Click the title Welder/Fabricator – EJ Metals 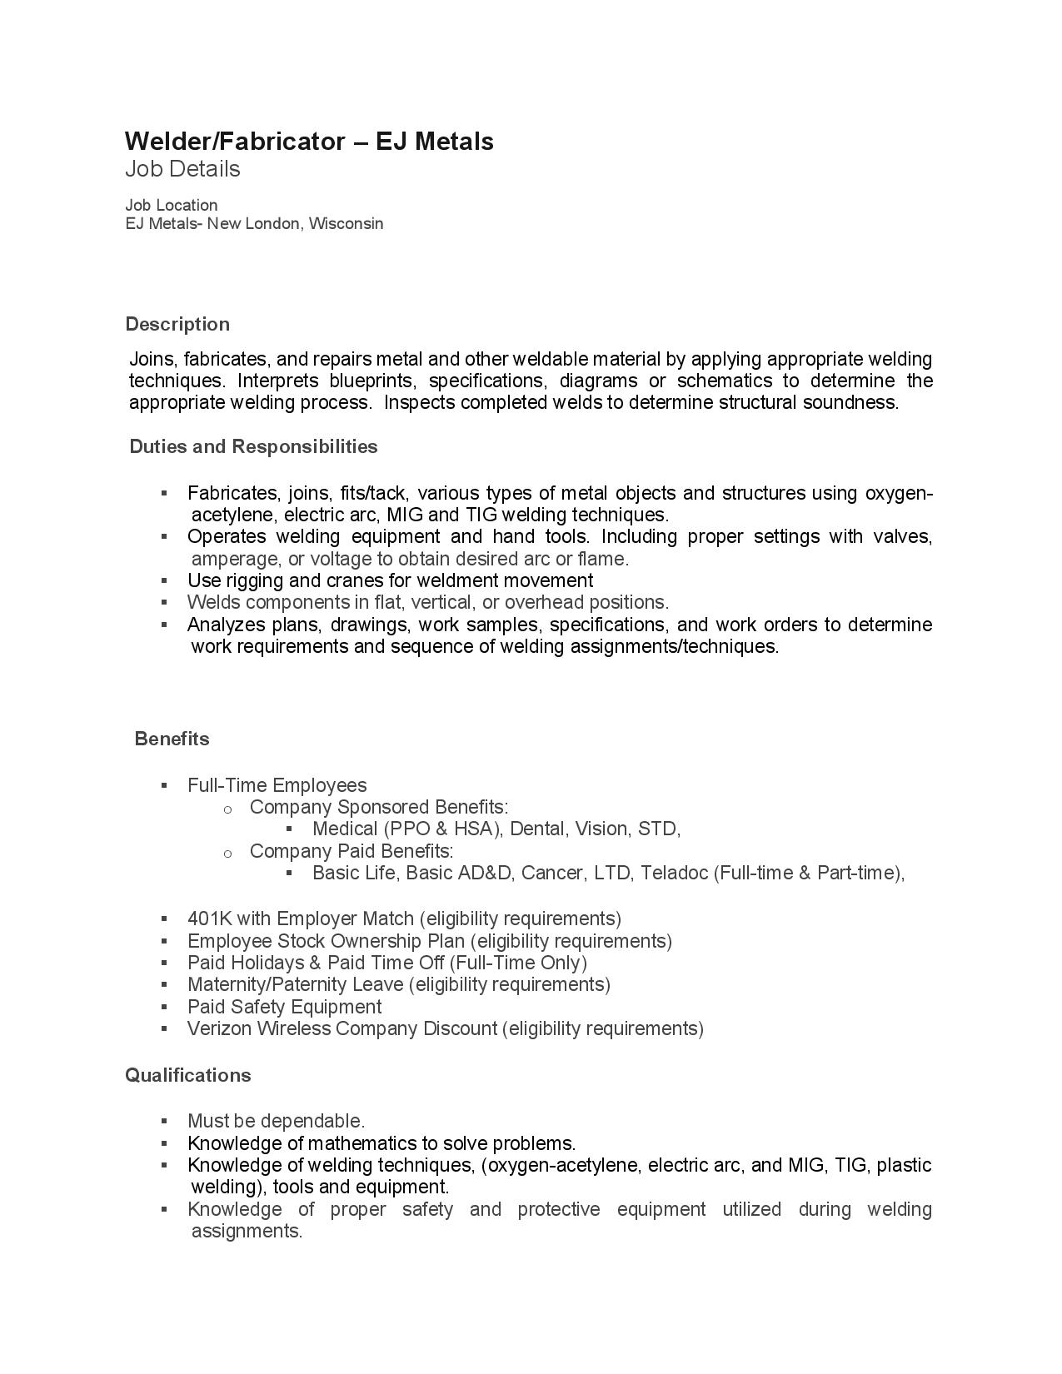click(x=309, y=142)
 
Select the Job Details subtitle click(x=182, y=169)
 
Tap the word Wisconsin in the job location click(x=346, y=223)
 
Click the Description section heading click(x=177, y=324)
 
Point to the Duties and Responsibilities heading click(x=253, y=446)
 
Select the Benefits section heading click(x=172, y=739)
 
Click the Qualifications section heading click(x=187, y=1075)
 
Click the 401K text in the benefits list click(x=209, y=918)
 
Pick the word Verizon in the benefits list click(x=219, y=1028)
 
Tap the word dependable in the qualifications click(x=312, y=1121)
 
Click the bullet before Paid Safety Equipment click(x=165, y=1007)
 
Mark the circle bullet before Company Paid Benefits click(x=227, y=852)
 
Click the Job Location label click(x=171, y=205)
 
